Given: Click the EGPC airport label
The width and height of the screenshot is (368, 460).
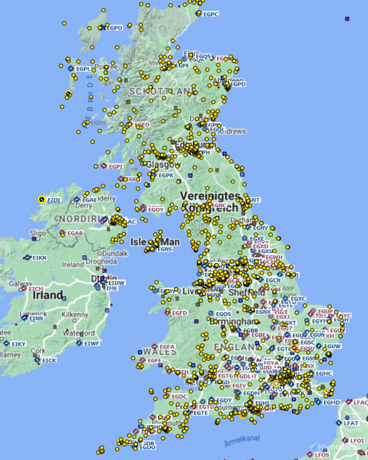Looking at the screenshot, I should [211, 14].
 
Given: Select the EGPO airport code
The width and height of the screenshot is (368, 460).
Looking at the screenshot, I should [114, 28].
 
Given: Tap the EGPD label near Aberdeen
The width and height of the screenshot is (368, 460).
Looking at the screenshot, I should [238, 84].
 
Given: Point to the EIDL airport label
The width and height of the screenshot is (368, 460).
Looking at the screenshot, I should [54, 200].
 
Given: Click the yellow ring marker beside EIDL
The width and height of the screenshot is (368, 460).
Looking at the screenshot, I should [41, 199].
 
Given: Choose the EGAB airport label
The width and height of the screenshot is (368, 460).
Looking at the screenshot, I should [75, 233].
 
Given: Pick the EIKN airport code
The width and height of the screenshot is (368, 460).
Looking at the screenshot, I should [39, 258].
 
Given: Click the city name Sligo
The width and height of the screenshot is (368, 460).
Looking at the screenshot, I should [38, 233].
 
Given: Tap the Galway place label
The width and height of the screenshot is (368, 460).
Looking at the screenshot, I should [20, 283].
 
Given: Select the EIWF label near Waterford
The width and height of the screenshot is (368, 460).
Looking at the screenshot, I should [92, 343].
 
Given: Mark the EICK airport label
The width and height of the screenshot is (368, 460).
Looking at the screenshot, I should [50, 360].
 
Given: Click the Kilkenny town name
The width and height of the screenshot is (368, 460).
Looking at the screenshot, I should [75, 314].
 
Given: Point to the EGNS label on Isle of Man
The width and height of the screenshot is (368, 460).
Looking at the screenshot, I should [165, 249].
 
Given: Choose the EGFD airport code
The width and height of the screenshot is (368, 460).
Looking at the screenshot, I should [179, 313].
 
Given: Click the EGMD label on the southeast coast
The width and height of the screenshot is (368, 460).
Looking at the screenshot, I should [332, 402].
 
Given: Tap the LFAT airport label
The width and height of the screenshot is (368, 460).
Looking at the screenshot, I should [351, 423].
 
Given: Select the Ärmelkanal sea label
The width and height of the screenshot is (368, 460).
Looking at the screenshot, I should [242, 440].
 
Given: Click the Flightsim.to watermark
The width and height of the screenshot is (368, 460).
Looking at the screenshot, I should [339, 447].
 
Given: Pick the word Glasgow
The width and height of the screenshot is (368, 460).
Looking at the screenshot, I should [163, 164].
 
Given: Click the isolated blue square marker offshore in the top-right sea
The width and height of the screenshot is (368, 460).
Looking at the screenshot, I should [347, 19].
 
